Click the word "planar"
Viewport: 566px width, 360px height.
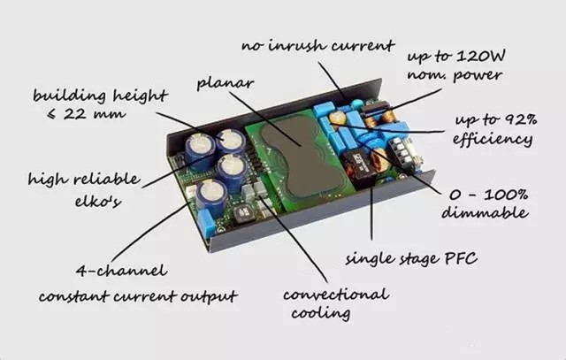click(226, 84)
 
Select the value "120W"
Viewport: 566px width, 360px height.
click(480, 56)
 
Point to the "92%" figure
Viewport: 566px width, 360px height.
click(519, 119)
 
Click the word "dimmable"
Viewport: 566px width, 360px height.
click(485, 212)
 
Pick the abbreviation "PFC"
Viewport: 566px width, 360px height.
click(460, 258)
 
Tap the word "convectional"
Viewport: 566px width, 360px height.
click(336, 295)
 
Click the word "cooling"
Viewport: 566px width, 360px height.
click(320, 313)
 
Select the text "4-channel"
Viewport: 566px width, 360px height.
click(122, 270)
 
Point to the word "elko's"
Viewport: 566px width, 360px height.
click(98, 201)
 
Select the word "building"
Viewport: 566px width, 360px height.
click(70, 96)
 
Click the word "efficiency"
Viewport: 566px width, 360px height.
click(493, 139)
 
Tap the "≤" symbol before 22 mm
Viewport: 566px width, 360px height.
click(52, 114)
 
